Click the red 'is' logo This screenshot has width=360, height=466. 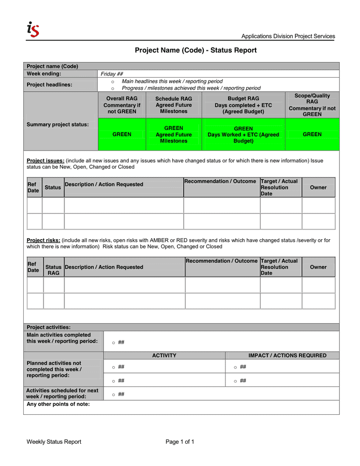tap(33, 30)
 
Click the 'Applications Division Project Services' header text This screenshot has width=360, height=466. tap(288, 36)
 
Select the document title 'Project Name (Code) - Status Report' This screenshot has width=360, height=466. tap(196, 50)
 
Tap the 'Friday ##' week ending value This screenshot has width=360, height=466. tap(112, 74)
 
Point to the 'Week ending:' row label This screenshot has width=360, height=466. tap(44, 74)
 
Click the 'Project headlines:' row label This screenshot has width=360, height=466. tap(49, 84)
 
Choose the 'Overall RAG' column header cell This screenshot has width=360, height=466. tap(122, 105)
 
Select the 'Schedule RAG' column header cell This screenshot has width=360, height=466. tap(174, 105)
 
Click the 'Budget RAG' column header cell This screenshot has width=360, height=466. tap(243, 105)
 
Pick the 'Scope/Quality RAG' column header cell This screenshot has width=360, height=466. tap(312, 105)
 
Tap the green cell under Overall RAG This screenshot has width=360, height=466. tap(122, 134)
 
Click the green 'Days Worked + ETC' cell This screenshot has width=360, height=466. tap(243, 135)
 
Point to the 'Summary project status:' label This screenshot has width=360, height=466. tap(57, 124)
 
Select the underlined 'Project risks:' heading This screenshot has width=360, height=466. tap(43, 240)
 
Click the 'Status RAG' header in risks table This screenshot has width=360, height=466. tap(53, 270)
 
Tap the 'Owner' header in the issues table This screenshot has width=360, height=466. tap(318, 187)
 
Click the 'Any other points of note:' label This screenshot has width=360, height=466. tap(58, 404)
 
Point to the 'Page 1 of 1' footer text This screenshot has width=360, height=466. tap(179, 442)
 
